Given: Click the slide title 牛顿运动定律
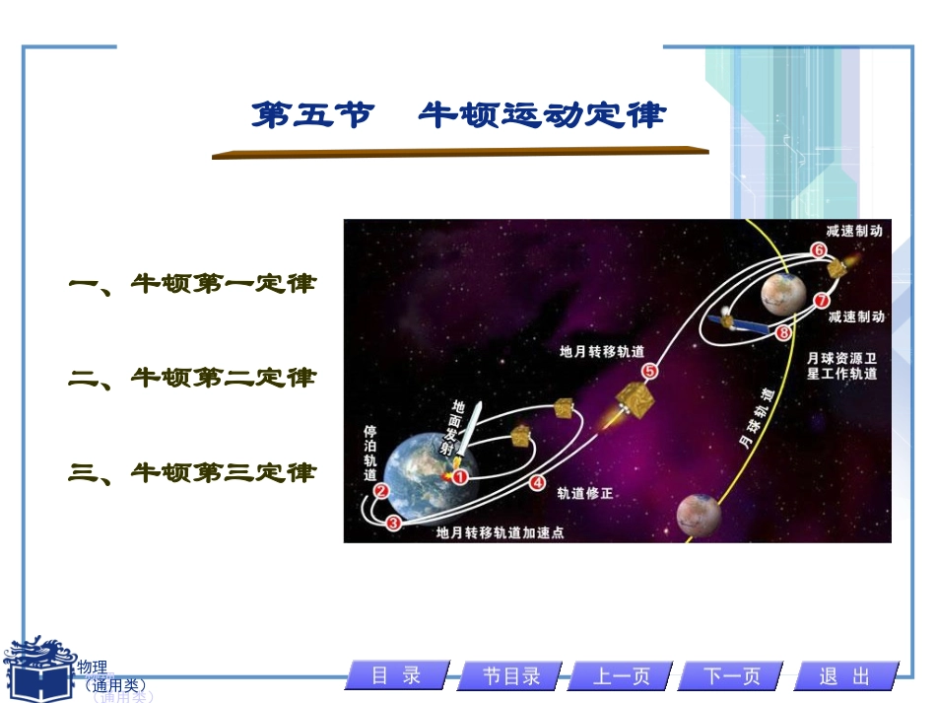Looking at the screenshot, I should click(x=459, y=116).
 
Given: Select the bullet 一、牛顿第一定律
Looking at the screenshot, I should click(x=193, y=284).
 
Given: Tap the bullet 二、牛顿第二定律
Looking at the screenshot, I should click(x=193, y=378).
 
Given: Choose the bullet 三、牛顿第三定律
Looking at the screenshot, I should click(x=193, y=473).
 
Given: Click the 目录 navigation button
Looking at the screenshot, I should click(x=397, y=675).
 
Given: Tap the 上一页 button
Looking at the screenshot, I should click(x=622, y=675).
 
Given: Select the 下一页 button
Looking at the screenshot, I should click(x=733, y=675).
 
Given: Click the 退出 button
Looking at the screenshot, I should click(x=845, y=675).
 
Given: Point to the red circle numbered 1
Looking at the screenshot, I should click(x=458, y=476).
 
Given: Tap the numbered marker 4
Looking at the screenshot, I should click(x=537, y=483).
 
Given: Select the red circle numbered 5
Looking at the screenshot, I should click(x=649, y=371).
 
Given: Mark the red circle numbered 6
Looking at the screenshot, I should click(x=818, y=250).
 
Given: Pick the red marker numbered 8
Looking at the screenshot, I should click(x=783, y=333).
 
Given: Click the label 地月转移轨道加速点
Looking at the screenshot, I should click(x=500, y=532).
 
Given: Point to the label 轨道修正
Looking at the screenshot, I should click(x=585, y=493).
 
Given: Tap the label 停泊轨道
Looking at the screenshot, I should click(x=370, y=453).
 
